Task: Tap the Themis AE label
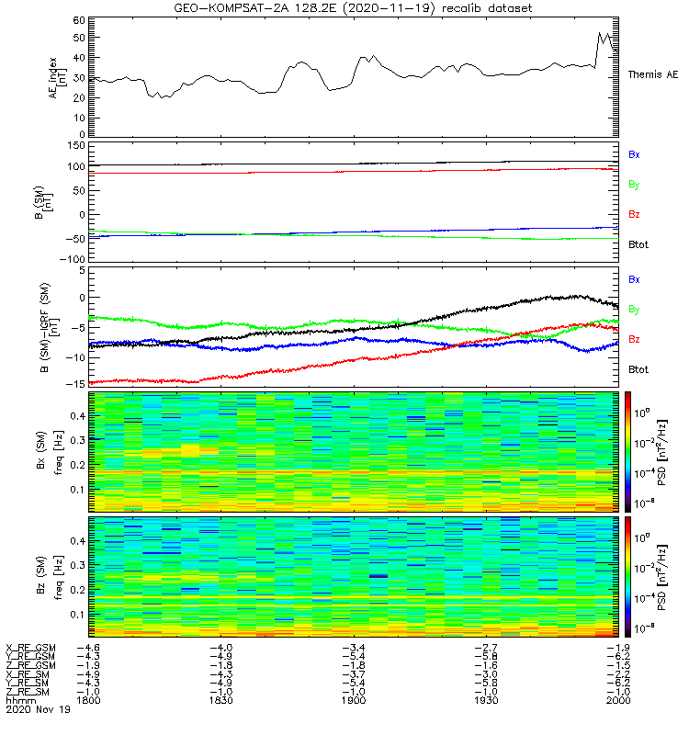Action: (x=653, y=73)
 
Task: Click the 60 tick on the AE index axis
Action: (x=79, y=19)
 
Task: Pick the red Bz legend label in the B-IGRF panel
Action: (x=634, y=340)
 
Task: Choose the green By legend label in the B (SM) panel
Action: (x=634, y=185)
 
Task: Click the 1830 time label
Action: (x=221, y=700)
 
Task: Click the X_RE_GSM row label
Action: (x=31, y=647)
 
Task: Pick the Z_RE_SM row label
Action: (x=29, y=691)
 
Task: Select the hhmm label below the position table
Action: (x=17, y=700)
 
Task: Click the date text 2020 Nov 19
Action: (x=29, y=709)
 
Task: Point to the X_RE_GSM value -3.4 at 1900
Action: (x=353, y=647)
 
